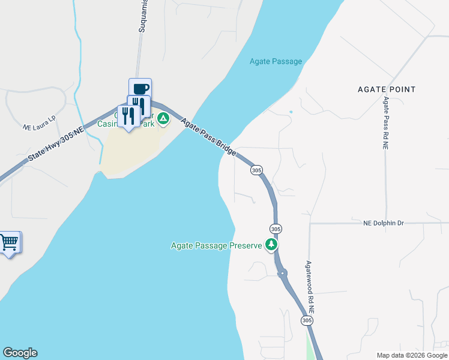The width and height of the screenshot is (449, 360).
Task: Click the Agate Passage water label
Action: [276, 61]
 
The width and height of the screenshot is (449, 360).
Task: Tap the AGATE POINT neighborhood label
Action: [386, 89]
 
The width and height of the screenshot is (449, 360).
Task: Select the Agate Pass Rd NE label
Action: [385, 122]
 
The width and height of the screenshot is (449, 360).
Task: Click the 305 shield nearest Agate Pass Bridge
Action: [257, 170]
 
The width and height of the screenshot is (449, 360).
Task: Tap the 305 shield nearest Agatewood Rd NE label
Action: [307, 321]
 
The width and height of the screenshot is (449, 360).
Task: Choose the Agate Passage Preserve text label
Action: [217, 245]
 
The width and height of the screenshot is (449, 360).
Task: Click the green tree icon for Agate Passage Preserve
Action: [272, 245]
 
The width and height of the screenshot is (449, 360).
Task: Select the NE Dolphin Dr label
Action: [384, 223]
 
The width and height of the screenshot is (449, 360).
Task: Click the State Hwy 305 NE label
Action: [55, 147]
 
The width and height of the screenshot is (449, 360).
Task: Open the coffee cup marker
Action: [140, 89]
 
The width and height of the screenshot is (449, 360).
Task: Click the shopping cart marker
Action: [9, 242]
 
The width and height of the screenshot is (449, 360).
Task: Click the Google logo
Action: [20, 353]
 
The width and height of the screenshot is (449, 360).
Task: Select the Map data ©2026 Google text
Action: [412, 355]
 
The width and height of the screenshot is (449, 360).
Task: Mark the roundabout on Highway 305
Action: [282, 273]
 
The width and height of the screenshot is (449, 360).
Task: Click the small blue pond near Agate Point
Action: [291, 112]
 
